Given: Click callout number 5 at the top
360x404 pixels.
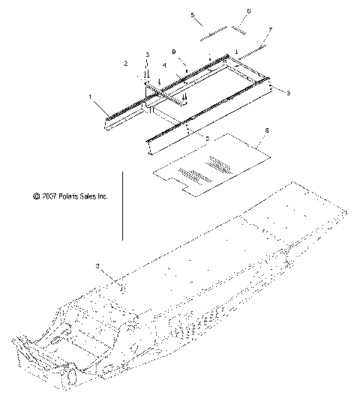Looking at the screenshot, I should click(x=192, y=15).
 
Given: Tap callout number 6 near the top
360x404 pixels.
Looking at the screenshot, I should click(x=249, y=12).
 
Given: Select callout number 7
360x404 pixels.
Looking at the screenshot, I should click(x=271, y=29).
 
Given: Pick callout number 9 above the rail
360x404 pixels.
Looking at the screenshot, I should click(x=174, y=53).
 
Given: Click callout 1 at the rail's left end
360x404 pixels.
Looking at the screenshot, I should click(x=92, y=97).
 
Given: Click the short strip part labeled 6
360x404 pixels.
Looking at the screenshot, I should click(x=242, y=31).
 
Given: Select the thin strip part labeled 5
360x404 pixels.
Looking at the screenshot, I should click(x=214, y=33).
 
